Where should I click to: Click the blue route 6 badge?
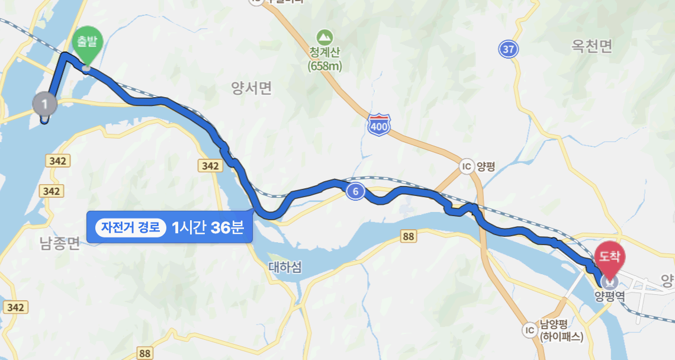pyautogui.click(x=355, y=191)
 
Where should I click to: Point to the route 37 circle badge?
pyautogui.click(x=508, y=49)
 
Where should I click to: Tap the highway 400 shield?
pyautogui.click(x=378, y=124)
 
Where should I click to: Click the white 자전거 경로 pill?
pyautogui.click(x=131, y=227)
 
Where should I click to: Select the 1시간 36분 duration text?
pyautogui.click(x=207, y=227)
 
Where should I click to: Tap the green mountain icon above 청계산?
pyautogui.click(x=324, y=36)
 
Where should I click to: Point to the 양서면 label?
pyautogui.click(x=252, y=88)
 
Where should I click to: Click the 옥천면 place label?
pyautogui.click(x=592, y=46)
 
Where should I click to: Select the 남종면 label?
pyautogui.click(x=59, y=243)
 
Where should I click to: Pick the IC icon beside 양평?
pyautogui.click(x=467, y=166)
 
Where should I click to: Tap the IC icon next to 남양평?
pyautogui.click(x=529, y=330)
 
